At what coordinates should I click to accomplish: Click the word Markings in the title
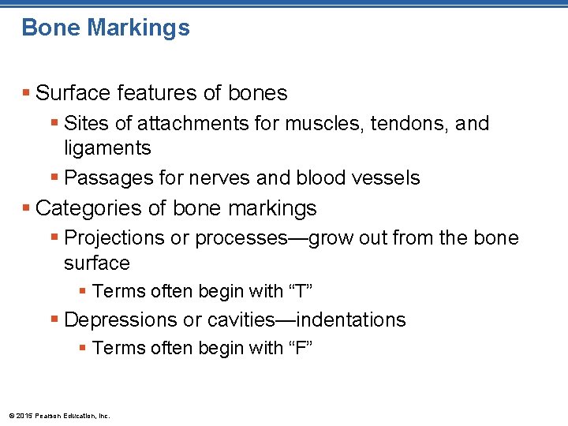[x=138, y=28]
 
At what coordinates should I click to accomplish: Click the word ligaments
[x=107, y=148]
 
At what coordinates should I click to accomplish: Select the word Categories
[x=84, y=208]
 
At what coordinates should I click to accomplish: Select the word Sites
[x=84, y=124]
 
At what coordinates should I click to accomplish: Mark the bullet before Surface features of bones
[x=26, y=94]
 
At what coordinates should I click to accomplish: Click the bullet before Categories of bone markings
[x=26, y=209]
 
